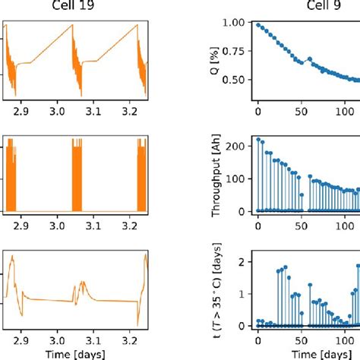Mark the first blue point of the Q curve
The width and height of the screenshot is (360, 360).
point(258,25)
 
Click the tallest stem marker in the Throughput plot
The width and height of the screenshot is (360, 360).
point(258,140)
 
